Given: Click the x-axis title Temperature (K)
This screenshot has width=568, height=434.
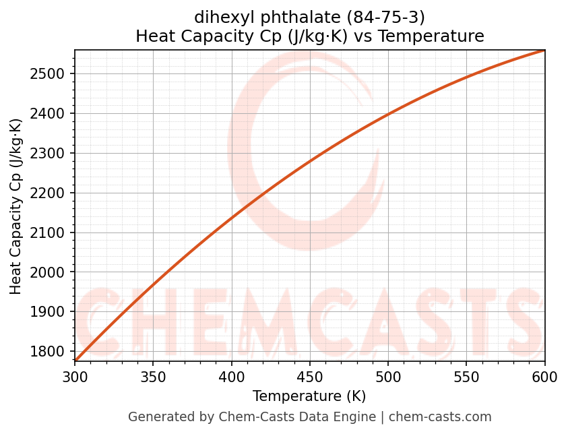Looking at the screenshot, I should coord(309,396).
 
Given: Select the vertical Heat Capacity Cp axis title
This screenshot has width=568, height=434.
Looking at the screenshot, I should coord(16,206).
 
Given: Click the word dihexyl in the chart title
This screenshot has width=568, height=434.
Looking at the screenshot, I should coord(217,16).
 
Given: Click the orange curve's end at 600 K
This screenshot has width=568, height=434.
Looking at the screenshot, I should coord(544,51).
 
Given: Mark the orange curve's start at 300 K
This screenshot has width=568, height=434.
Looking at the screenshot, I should coord(75,361).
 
